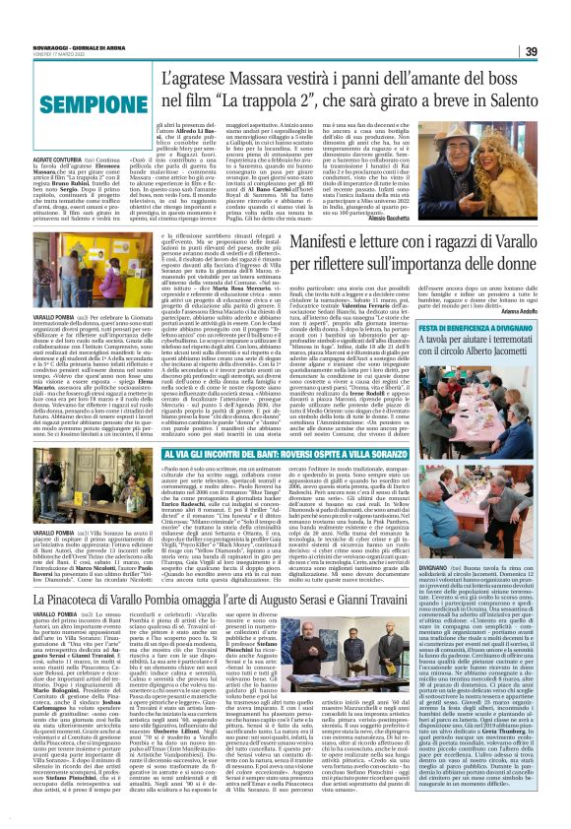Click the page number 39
553,24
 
